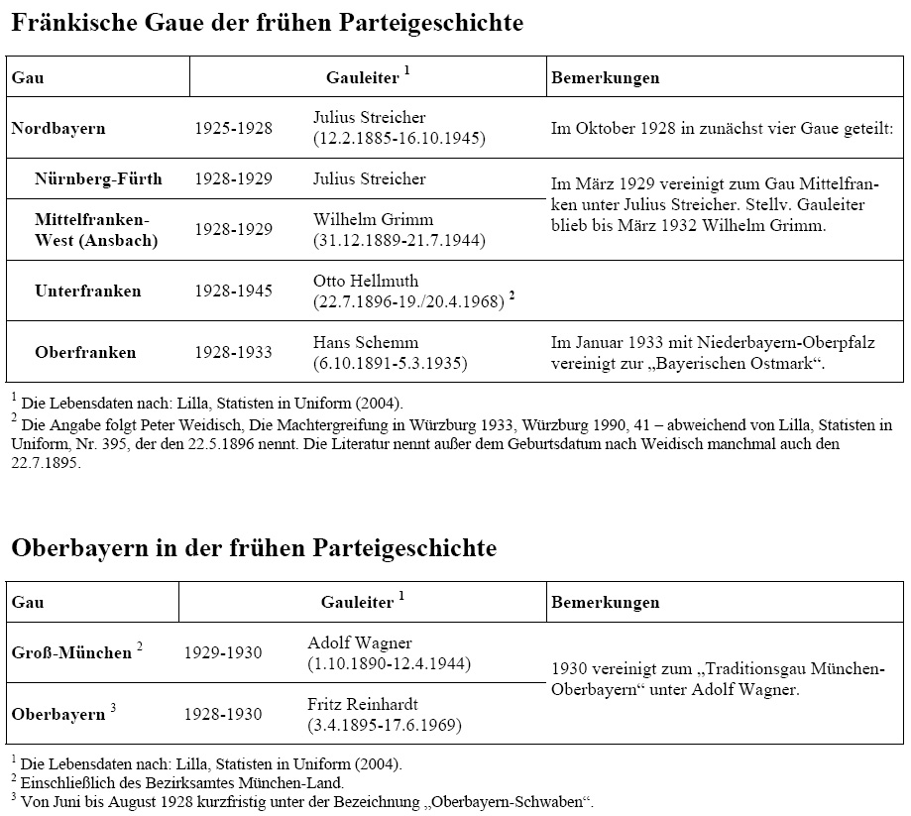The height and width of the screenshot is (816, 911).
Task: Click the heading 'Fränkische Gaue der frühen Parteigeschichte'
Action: pos(267,23)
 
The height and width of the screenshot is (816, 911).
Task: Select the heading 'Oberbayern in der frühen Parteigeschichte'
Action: pos(254,547)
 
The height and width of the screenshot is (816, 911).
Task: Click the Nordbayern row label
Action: pos(58,128)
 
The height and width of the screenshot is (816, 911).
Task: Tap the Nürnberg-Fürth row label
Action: pos(98,179)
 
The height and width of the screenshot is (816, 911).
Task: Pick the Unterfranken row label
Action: pos(88,291)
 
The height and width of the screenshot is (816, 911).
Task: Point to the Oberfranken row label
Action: pos(85,352)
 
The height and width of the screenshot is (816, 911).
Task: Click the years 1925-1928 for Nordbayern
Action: pos(233,128)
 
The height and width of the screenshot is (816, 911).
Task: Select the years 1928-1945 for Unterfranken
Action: pos(233,291)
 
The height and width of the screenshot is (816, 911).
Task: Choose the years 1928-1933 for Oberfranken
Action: pos(233,352)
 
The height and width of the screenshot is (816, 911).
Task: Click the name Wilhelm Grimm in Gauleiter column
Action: pos(373,219)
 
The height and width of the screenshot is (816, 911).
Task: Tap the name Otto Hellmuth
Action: pos(366,281)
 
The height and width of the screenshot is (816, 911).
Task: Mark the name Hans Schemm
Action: pos(366,342)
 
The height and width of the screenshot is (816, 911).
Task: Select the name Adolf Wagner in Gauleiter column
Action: pos(360,642)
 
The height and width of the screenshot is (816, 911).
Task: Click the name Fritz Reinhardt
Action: pos(363,704)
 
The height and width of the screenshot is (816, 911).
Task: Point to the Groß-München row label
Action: pos(71,653)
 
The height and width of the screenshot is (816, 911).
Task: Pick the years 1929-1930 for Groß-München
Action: pos(223,653)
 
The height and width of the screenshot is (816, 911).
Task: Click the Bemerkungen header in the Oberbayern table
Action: pos(605,602)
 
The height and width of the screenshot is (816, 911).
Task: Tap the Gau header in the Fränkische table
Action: pos(28,77)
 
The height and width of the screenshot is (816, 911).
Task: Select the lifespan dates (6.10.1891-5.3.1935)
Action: pos(390,363)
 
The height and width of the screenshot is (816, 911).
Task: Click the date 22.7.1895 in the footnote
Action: pos(46,463)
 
